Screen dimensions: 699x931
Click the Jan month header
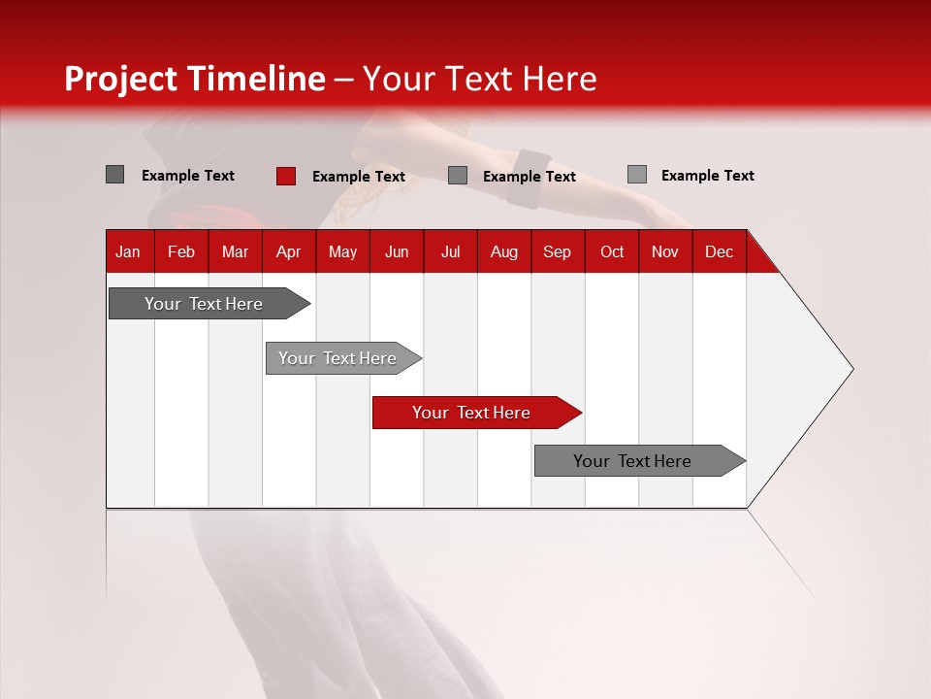click(x=129, y=251)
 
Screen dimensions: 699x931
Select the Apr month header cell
click(x=289, y=251)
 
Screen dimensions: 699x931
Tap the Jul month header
click(x=451, y=251)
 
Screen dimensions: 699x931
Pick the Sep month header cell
click(x=558, y=251)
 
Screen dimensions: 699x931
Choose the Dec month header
click(x=719, y=251)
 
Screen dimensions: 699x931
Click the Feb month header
click(x=181, y=251)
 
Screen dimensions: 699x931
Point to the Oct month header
click(x=612, y=251)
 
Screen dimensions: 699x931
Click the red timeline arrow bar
click(x=475, y=413)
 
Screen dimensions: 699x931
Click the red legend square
click(x=286, y=176)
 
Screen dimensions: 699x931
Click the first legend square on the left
click(x=115, y=175)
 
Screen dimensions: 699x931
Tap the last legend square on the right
click(x=637, y=175)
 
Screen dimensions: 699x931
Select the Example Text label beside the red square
click(x=359, y=177)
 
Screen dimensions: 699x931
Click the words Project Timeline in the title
click(x=194, y=79)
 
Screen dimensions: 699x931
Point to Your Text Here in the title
click(x=480, y=79)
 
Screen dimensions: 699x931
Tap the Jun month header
click(x=397, y=251)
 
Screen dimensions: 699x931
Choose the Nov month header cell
click(x=665, y=251)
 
